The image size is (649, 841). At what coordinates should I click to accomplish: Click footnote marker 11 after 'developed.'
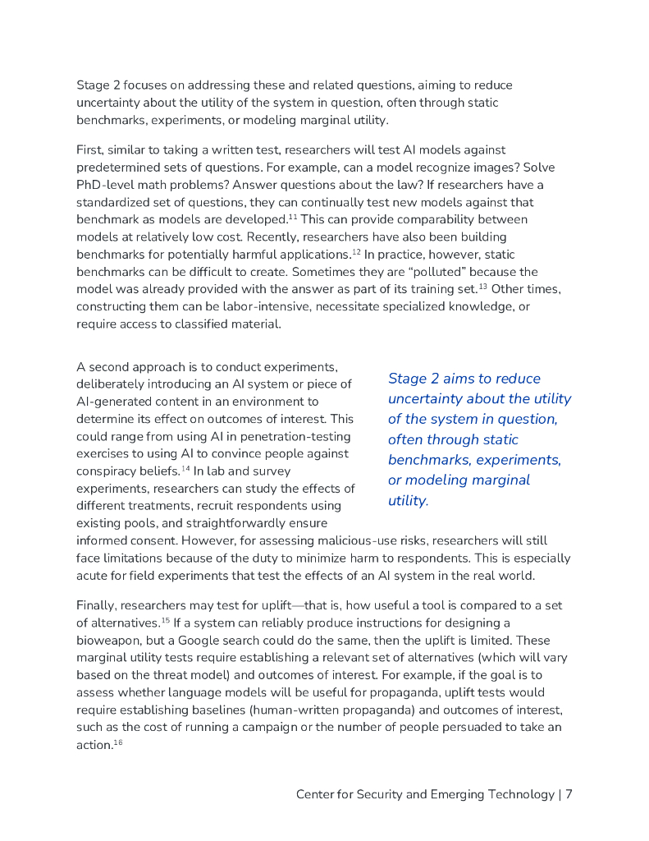292,217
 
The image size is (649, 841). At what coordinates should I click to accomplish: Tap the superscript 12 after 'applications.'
356,251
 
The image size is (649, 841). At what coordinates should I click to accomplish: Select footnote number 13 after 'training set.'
484,286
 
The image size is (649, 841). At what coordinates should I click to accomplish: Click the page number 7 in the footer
568,794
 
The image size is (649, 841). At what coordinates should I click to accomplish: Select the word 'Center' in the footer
316,795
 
